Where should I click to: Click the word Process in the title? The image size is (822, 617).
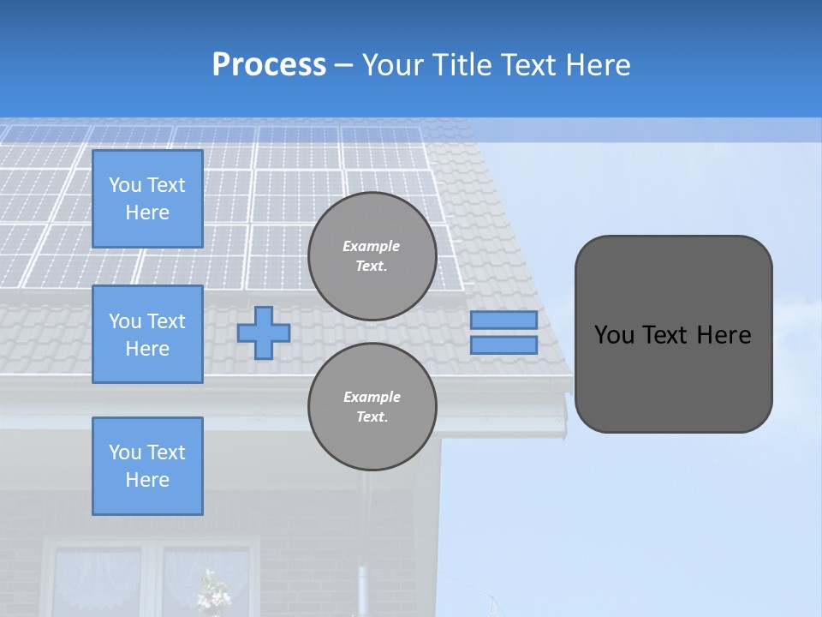269,65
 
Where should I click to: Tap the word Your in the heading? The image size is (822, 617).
394,65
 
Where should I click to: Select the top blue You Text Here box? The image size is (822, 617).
147,199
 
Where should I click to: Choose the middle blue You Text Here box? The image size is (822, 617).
147,334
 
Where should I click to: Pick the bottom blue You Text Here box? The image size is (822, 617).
147,465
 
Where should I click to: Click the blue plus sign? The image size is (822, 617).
264,332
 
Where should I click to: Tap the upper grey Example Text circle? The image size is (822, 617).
372,255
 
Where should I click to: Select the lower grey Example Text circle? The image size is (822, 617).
372,406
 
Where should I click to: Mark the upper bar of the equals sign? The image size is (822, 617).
503,320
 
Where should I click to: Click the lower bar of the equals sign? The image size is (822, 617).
503,345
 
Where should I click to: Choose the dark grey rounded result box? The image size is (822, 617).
673,333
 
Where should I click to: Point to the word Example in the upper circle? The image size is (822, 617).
372,246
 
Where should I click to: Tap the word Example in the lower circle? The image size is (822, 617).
372,397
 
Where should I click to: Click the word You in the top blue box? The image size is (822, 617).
125,185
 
